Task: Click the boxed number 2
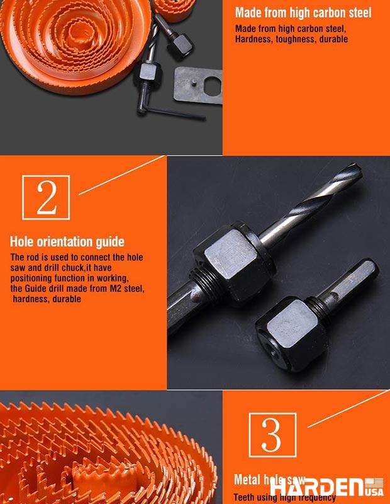(x=46, y=198)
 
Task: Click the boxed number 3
(x=272, y=435)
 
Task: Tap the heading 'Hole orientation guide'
(x=67, y=242)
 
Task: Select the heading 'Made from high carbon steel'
(x=303, y=13)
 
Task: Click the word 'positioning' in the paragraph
(x=35, y=278)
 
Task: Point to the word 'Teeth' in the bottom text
(x=247, y=497)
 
